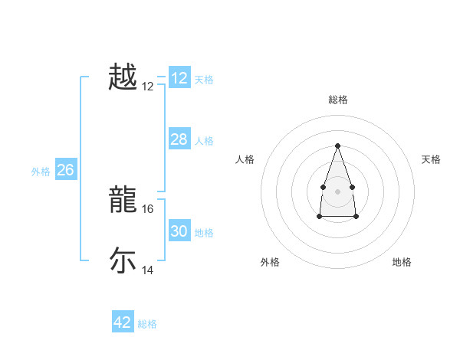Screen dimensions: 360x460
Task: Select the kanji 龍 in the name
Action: pyautogui.click(x=123, y=199)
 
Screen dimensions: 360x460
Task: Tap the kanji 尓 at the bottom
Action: pyautogui.click(x=123, y=260)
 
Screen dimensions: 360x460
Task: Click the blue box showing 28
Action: pyautogui.click(x=179, y=139)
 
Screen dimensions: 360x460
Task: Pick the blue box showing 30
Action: pyautogui.click(x=179, y=231)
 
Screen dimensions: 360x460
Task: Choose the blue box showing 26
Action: pyautogui.click(x=65, y=170)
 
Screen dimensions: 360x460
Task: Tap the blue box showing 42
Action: pyautogui.click(x=123, y=322)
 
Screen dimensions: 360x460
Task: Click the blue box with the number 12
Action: pyautogui.click(x=179, y=78)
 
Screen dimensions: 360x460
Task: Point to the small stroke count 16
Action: pyautogui.click(x=148, y=208)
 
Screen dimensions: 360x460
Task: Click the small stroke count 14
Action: pyautogui.click(x=148, y=270)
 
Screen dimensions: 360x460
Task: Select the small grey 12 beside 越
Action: pyautogui.click(x=148, y=87)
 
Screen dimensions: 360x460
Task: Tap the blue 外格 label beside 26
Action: pyautogui.click(x=41, y=172)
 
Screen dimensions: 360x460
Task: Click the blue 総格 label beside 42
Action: pyautogui.click(x=147, y=324)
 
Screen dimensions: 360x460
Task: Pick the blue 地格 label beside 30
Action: pyautogui.click(x=204, y=233)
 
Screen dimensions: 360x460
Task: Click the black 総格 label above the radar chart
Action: pyautogui.click(x=337, y=100)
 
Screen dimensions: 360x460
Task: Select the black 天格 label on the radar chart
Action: pyautogui.click(x=431, y=159)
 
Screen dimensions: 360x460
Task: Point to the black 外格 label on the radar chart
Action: pyautogui.click(x=270, y=262)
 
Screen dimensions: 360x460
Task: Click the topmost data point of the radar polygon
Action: pyautogui.click(x=337, y=146)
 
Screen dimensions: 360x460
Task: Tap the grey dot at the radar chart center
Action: pyautogui.click(x=337, y=190)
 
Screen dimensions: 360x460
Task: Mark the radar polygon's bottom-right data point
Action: pyautogui.click(x=356, y=217)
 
